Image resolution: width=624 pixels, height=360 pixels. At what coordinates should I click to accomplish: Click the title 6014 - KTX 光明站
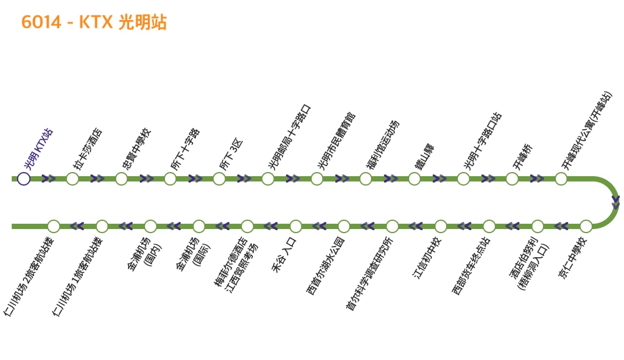[94, 22]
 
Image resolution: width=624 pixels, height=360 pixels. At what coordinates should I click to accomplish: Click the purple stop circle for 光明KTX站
[23, 179]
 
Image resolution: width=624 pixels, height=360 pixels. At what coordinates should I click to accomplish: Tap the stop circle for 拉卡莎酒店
[72, 179]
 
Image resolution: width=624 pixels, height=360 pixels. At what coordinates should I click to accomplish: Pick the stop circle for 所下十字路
[170, 179]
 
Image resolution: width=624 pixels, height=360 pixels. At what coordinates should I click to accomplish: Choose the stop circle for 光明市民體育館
[317, 179]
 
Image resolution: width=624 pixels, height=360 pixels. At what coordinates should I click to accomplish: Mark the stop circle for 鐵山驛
[414, 179]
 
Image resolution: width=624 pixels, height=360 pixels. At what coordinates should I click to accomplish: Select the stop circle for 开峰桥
[512, 179]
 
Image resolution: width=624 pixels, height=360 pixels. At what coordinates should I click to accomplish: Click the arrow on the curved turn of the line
[615, 202]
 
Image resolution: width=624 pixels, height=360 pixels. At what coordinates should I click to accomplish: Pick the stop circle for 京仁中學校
[586, 226]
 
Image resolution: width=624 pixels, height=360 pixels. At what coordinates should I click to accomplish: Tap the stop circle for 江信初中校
[441, 226]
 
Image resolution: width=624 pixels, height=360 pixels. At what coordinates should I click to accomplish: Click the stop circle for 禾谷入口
[296, 226]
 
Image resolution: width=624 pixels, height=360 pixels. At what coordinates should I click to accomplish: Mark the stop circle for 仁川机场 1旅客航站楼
[102, 226]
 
